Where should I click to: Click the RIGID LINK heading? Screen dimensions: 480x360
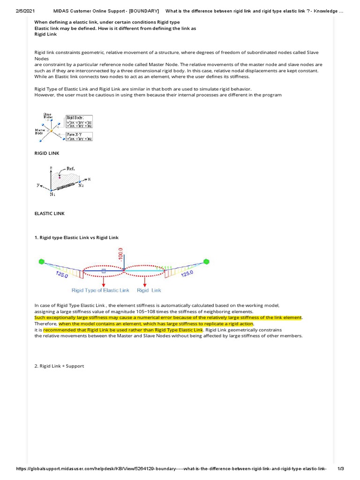point(47,153)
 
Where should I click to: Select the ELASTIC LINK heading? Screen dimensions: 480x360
point(50,213)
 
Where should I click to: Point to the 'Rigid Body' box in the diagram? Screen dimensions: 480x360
point(79,121)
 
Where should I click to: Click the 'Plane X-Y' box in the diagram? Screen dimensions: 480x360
point(79,136)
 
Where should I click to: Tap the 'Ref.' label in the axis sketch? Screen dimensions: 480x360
point(70,169)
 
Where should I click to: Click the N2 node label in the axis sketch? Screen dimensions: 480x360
point(81,185)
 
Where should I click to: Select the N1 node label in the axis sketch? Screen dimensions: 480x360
point(52,195)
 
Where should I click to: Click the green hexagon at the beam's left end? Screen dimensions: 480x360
point(42,261)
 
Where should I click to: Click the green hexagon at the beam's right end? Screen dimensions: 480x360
point(206,261)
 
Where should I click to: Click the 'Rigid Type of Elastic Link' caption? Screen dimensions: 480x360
point(100,291)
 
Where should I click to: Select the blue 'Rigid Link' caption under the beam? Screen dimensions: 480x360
point(149,291)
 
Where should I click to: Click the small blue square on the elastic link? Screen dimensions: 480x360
point(104,271)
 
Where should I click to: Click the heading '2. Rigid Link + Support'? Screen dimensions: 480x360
point(60,366)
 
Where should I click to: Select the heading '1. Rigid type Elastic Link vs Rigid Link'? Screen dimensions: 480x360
point(77,238)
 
